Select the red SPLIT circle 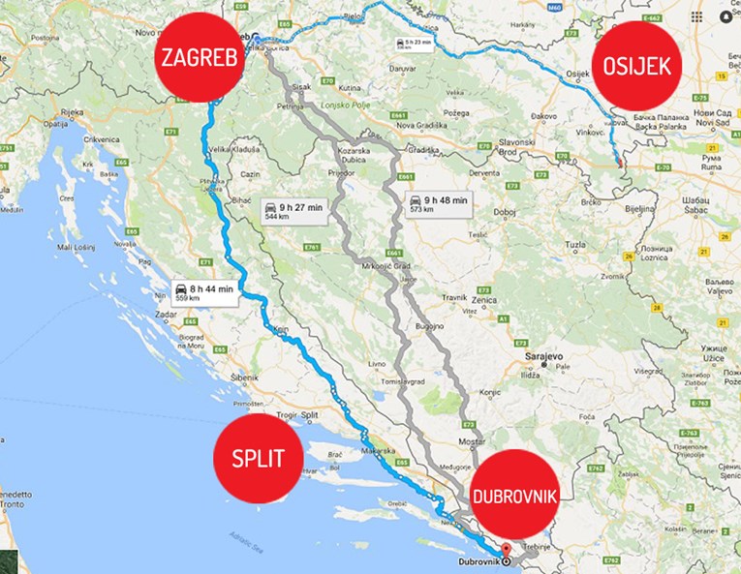pyautogui.click(x=257, y=459)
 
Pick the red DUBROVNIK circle pyautogui.click(x=514, y=496)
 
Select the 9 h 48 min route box pyautogui.click(x=435, y=204)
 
